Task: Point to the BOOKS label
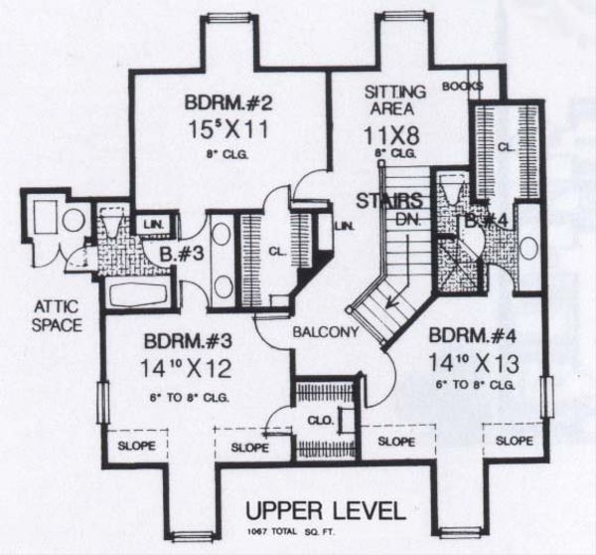tap(462, 87)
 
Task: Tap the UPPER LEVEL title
tap(325, 511)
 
